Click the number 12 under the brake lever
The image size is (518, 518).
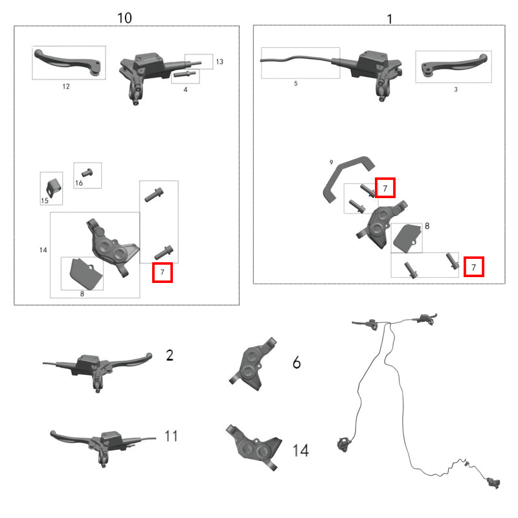click(x=66, y=87)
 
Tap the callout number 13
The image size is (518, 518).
click(x=220, y=62)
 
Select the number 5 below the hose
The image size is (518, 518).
click(x=296, y=84)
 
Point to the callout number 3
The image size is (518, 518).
click(x=456, y=89)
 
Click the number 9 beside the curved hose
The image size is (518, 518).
click(x=332, y=163)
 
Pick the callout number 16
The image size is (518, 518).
click(x=79, y=183)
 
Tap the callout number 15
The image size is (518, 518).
click(x=45, y=201)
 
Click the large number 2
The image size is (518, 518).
click(x=170, y=355)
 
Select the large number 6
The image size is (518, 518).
click(x=297, y=363)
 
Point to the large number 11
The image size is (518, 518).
click(x=171, y=436)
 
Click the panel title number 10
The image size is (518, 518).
click(x=124, y=18)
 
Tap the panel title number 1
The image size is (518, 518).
click(x=390, y=19)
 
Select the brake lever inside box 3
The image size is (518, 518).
click(x=455, y=65)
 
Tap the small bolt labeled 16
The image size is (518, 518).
click(x=87, y=172)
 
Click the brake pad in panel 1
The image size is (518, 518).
click(x=407, y=238)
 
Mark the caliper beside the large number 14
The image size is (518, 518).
click(x=254, y=447)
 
